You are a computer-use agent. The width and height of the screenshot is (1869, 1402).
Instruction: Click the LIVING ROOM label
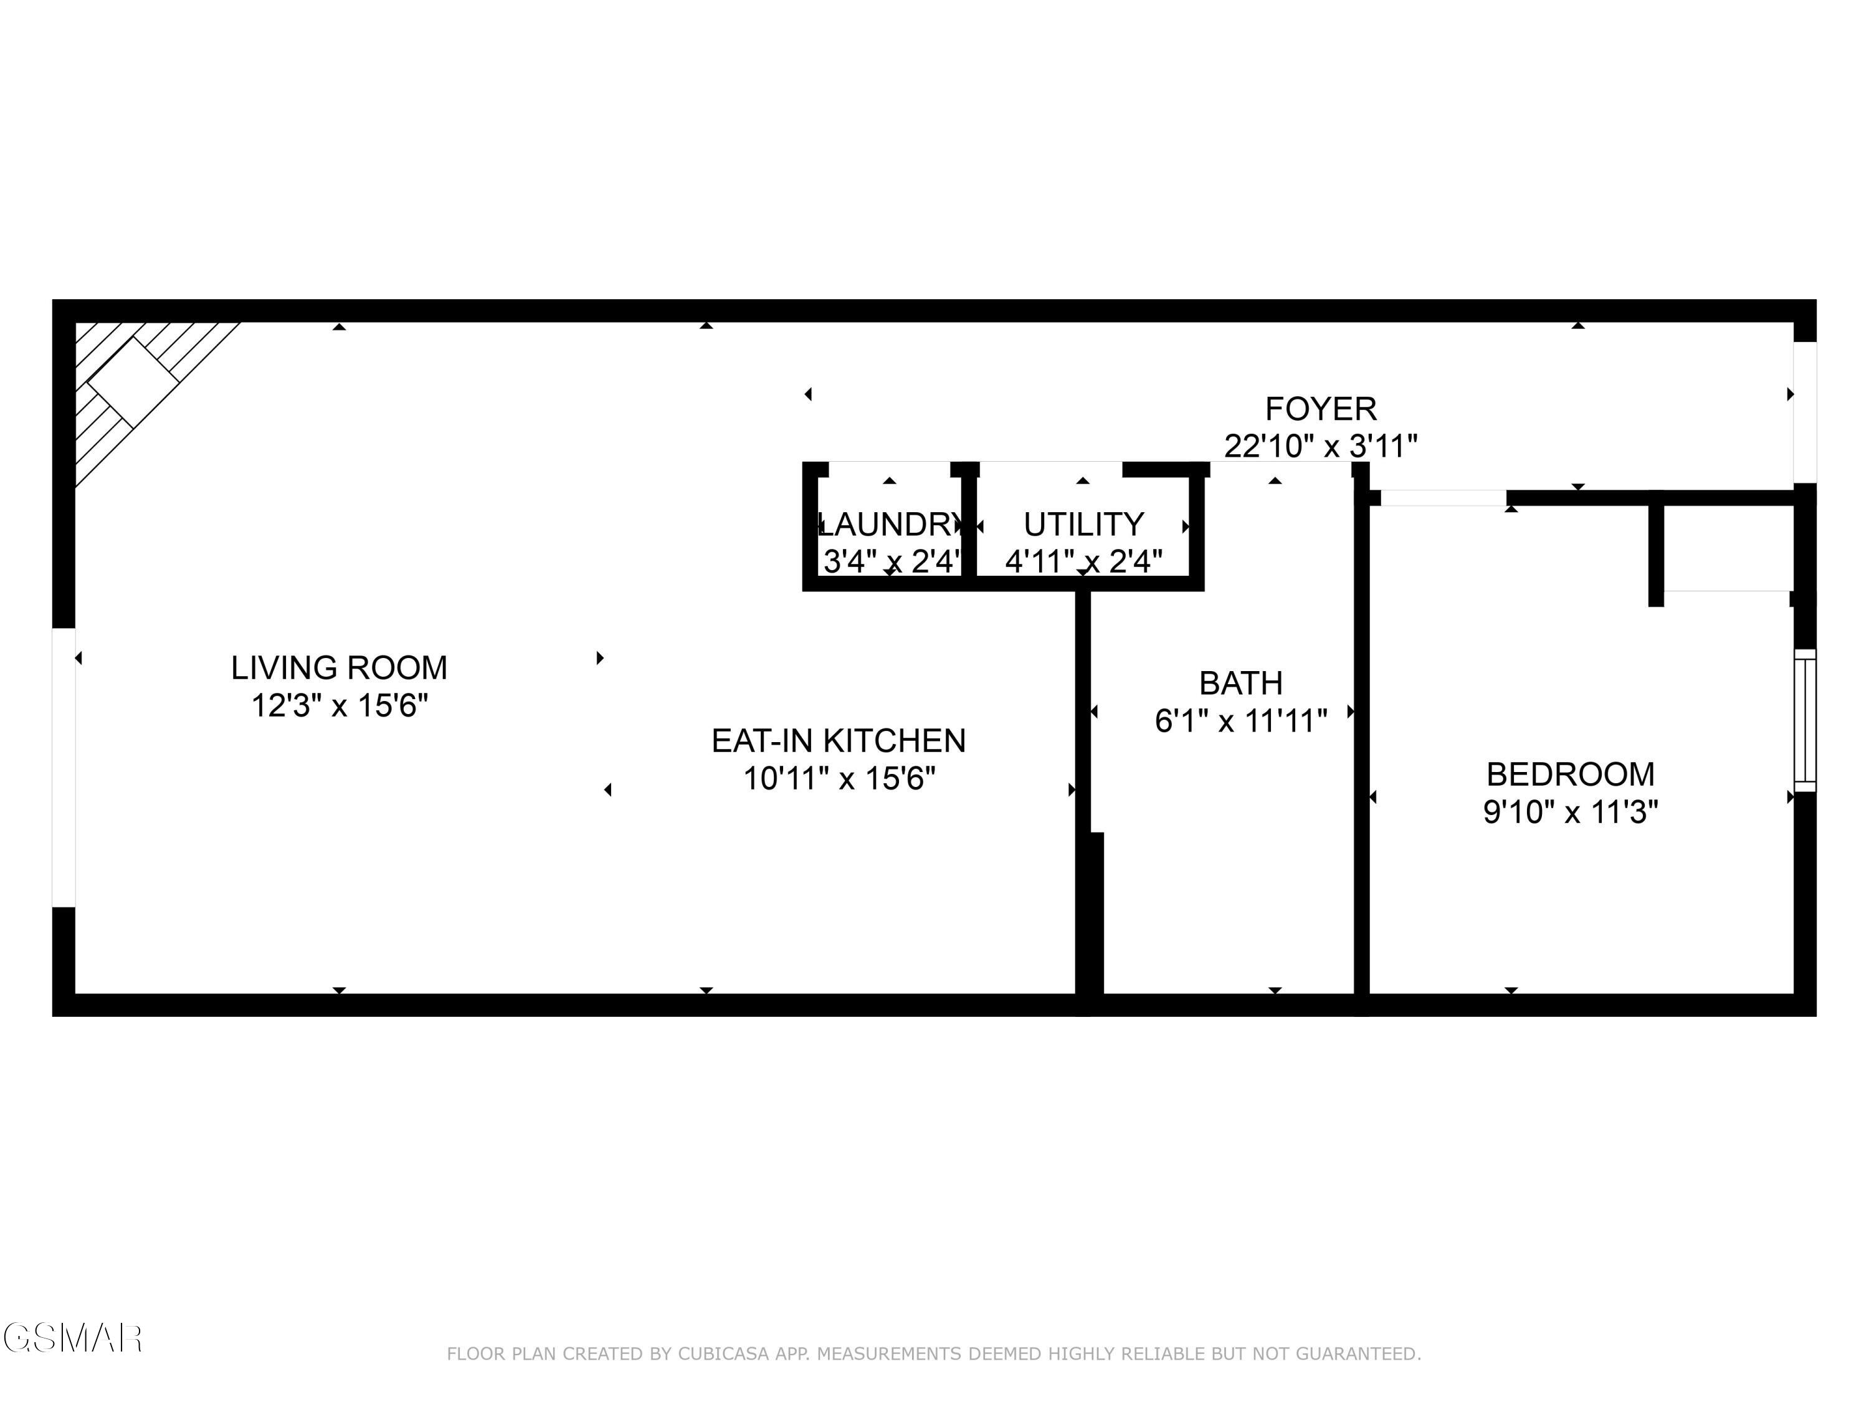[339, 667]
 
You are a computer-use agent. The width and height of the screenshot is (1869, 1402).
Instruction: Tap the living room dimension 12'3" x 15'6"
[339, 705]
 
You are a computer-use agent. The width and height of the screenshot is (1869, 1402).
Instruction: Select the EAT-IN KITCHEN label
[838, 740]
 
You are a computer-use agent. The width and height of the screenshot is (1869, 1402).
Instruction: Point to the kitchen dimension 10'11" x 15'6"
[838, 778]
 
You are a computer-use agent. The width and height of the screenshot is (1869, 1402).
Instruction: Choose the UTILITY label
[1083, 525]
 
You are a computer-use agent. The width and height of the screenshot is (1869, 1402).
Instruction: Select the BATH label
[1240, 683]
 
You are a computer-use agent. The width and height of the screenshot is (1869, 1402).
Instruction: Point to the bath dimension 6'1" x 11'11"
[1240, 721]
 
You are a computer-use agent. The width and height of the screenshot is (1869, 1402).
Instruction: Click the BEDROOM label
[1570, 774]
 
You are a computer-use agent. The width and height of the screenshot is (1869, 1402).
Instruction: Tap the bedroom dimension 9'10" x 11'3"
[1570, 812]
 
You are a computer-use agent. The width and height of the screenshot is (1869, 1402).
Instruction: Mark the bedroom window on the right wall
[1804, 720]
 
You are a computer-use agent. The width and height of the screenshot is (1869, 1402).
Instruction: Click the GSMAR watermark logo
[72, 1338]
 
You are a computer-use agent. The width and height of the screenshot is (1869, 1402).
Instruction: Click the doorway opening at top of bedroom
[1443, 498]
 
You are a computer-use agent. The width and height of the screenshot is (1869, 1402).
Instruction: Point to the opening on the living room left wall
[64, 767]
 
